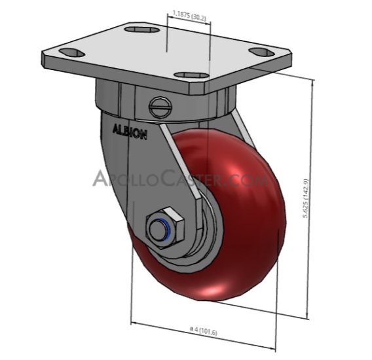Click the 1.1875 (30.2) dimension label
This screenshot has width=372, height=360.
pyautogui.click(x=189, y=12)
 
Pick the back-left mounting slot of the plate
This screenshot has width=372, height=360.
pyautogui.click(x=67, y=52)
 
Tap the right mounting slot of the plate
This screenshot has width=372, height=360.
pyautogui.click(x=261, y=52)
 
